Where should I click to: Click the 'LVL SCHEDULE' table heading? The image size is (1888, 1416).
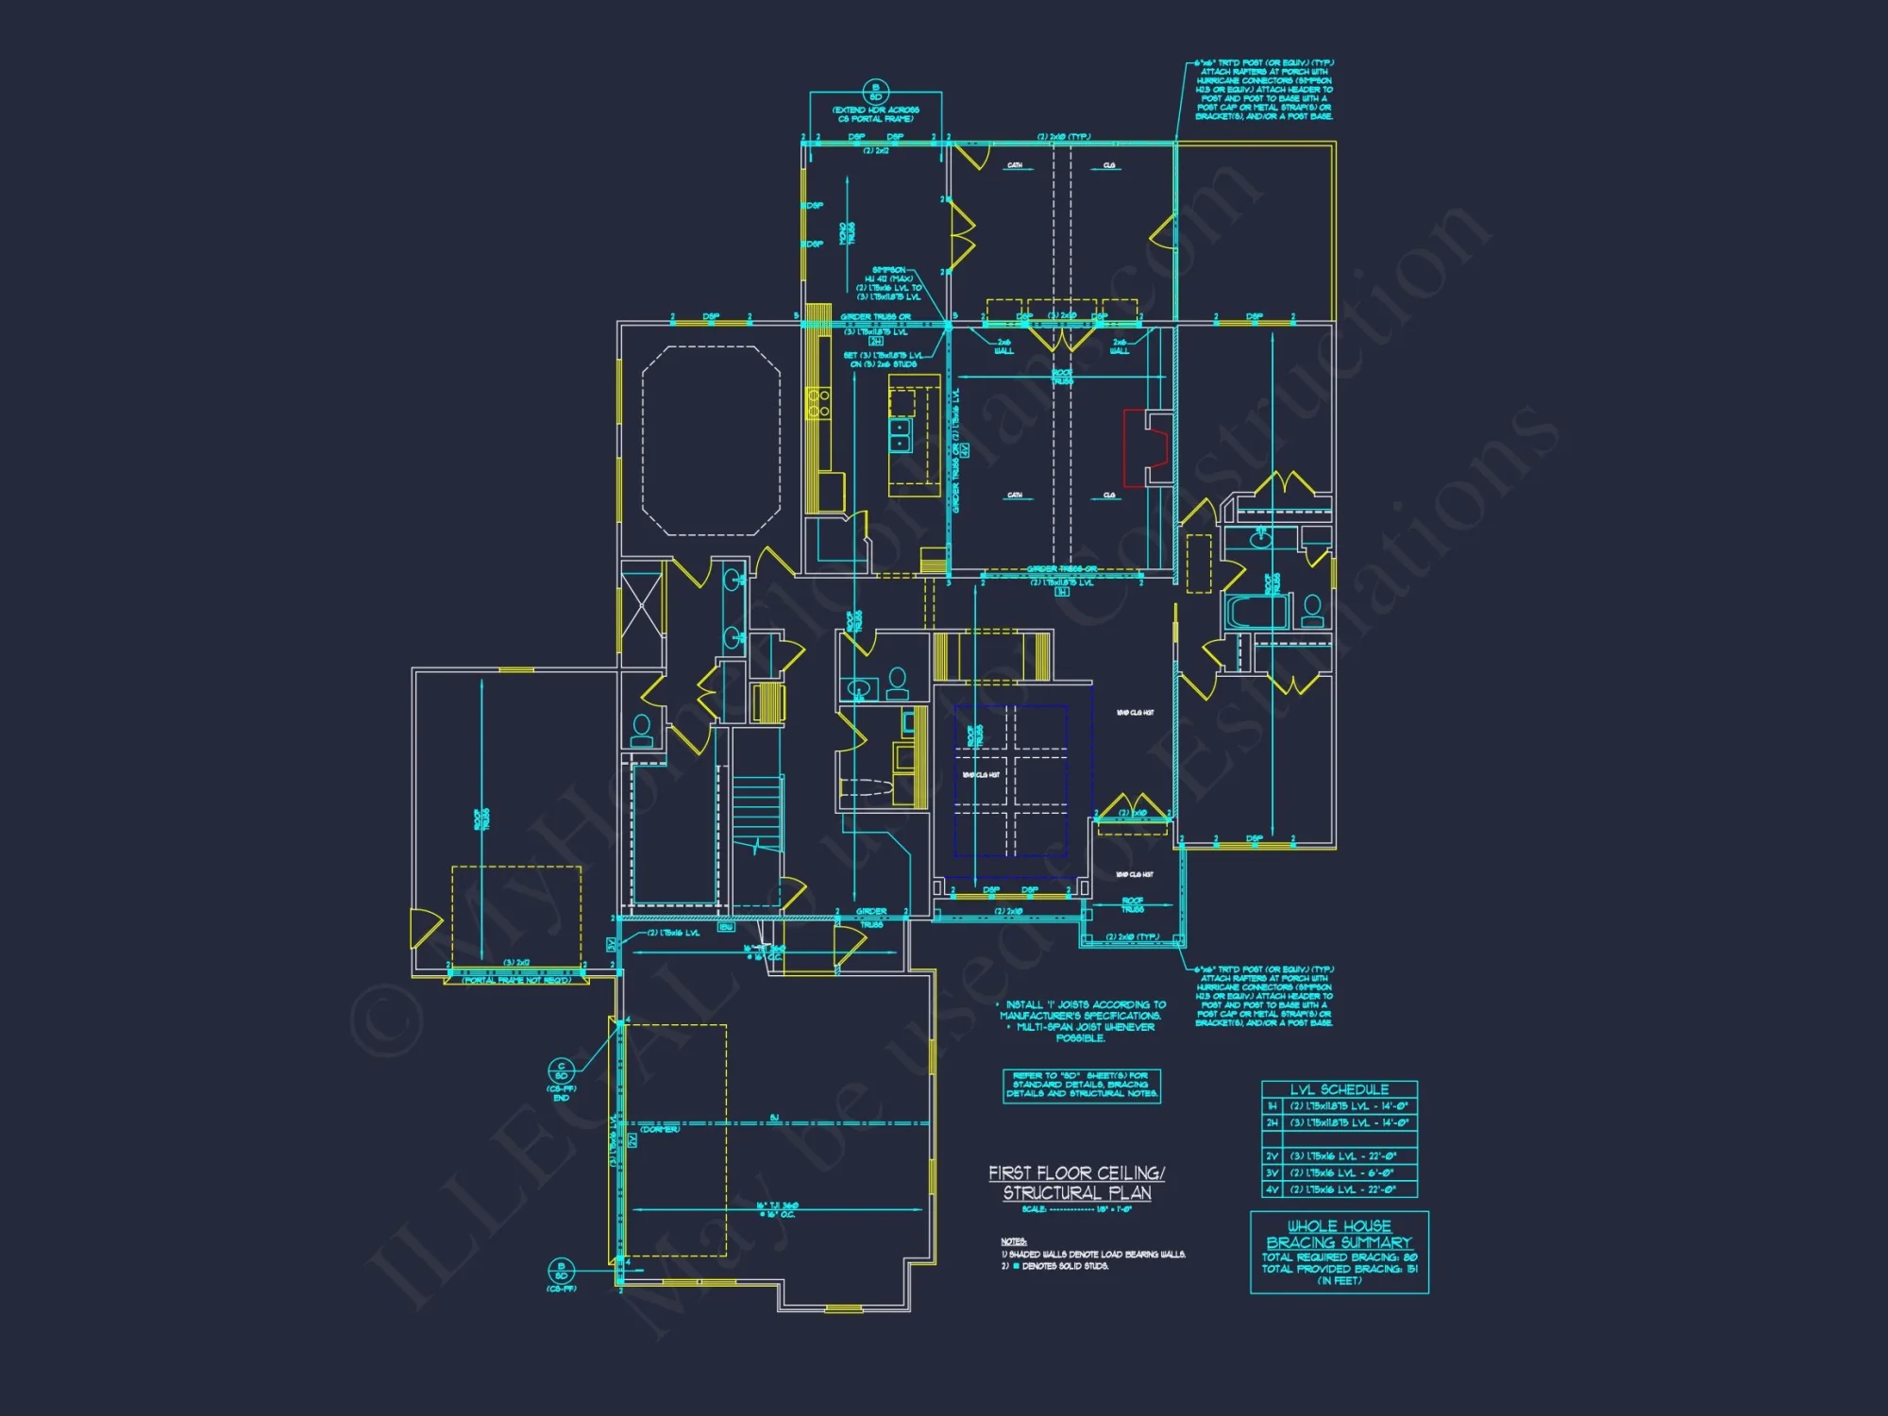pos(1339,1089)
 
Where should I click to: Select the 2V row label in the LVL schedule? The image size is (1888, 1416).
pos(1272,1156)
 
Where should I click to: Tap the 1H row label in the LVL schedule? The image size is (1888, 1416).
pos(1272,1105)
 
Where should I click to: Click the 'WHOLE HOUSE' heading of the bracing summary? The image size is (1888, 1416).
pos(1339,1226)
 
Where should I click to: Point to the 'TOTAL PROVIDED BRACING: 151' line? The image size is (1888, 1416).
pos(1339,1269)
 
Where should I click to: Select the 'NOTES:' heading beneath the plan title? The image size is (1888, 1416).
pos(1013,1241)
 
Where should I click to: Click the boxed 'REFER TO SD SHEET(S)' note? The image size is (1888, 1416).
pos(1081,1086)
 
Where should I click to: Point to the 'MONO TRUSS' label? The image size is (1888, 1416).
pos(847,233)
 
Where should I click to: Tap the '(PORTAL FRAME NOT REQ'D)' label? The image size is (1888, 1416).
pos(516,981)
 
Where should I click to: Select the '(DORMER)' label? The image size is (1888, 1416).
pos(660,1129)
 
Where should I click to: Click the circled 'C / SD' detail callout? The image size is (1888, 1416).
pos(561,1071)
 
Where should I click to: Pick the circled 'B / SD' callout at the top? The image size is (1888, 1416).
pos(875,92)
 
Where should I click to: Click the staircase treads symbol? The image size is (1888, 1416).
pos(758,812)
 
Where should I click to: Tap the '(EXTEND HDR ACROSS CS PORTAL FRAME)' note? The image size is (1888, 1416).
pos(875,114)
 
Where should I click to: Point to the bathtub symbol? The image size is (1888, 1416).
pos(1255,611)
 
